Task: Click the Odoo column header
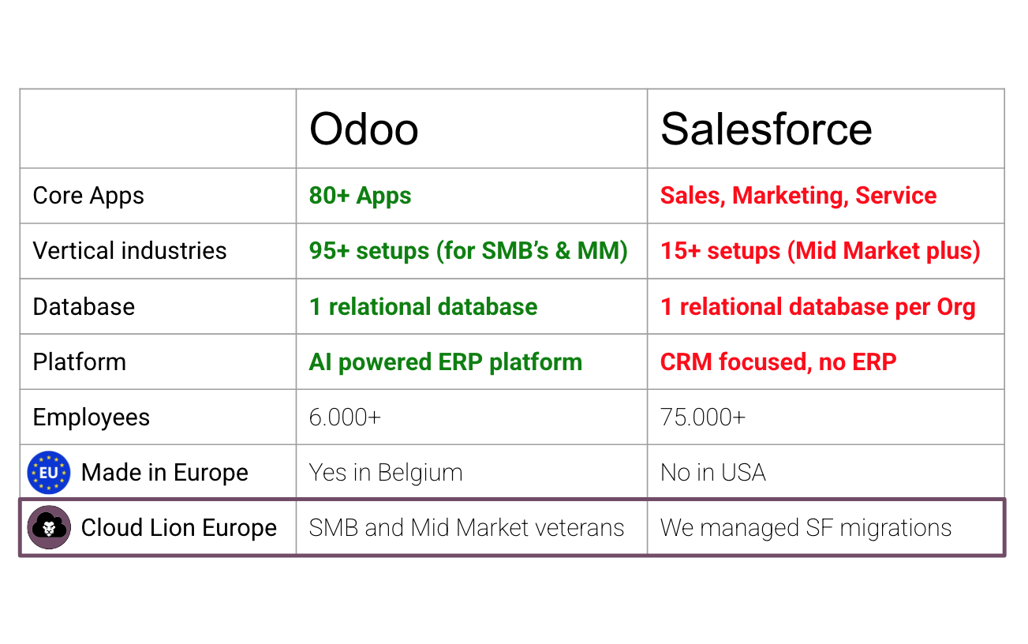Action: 364,129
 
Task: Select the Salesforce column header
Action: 766,129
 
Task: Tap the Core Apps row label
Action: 88,196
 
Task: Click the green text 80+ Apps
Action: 360,196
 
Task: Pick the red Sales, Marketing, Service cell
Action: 798,196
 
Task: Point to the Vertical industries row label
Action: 129,251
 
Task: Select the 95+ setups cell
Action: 468,251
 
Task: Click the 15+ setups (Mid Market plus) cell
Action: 820,251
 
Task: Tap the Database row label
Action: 84,306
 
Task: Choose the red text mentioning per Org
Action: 817,306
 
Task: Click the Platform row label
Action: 79,361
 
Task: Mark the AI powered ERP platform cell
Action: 445,361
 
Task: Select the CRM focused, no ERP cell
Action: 778,361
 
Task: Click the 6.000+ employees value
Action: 345,417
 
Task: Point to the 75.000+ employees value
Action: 702,417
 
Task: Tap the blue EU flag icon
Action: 49,473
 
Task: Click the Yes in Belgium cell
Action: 385,473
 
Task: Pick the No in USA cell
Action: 712,473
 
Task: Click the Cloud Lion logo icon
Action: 49,527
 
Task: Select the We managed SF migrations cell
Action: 806,527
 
